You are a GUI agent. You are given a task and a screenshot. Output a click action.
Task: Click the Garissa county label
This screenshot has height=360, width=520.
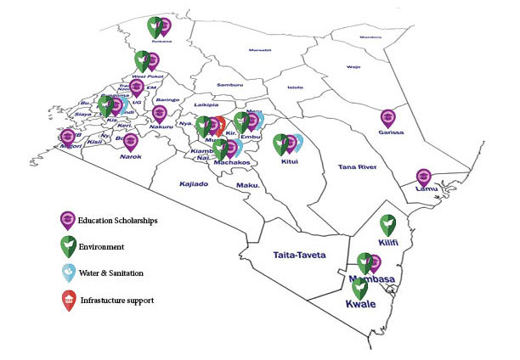click(392, 132)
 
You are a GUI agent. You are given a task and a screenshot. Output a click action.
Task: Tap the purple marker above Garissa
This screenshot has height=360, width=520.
click(388, 117)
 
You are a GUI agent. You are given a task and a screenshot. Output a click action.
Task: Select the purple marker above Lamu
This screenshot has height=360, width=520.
click(424, 177)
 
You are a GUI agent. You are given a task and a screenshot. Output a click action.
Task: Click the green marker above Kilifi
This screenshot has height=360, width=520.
click(387, 224)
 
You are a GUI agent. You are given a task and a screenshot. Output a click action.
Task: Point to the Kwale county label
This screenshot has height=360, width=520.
click(360, 303)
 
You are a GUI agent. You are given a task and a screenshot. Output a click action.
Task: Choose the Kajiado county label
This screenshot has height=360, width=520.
click(193, 183)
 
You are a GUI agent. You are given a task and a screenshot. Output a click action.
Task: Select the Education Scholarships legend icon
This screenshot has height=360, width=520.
click(67, 221)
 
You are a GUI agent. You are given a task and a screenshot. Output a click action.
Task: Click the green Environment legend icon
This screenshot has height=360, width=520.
click(67, 247)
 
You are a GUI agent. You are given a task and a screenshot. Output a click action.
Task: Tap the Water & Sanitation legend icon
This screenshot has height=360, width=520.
click(67, 273)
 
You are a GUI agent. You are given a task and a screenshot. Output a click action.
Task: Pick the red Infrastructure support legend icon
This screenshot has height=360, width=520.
click(68, 300)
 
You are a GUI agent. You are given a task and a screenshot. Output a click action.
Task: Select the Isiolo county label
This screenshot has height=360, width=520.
click(295, 87)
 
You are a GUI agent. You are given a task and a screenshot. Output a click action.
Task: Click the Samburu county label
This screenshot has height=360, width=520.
click(229, 85)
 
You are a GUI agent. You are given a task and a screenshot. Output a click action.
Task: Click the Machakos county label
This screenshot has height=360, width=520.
click(231, 161)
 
